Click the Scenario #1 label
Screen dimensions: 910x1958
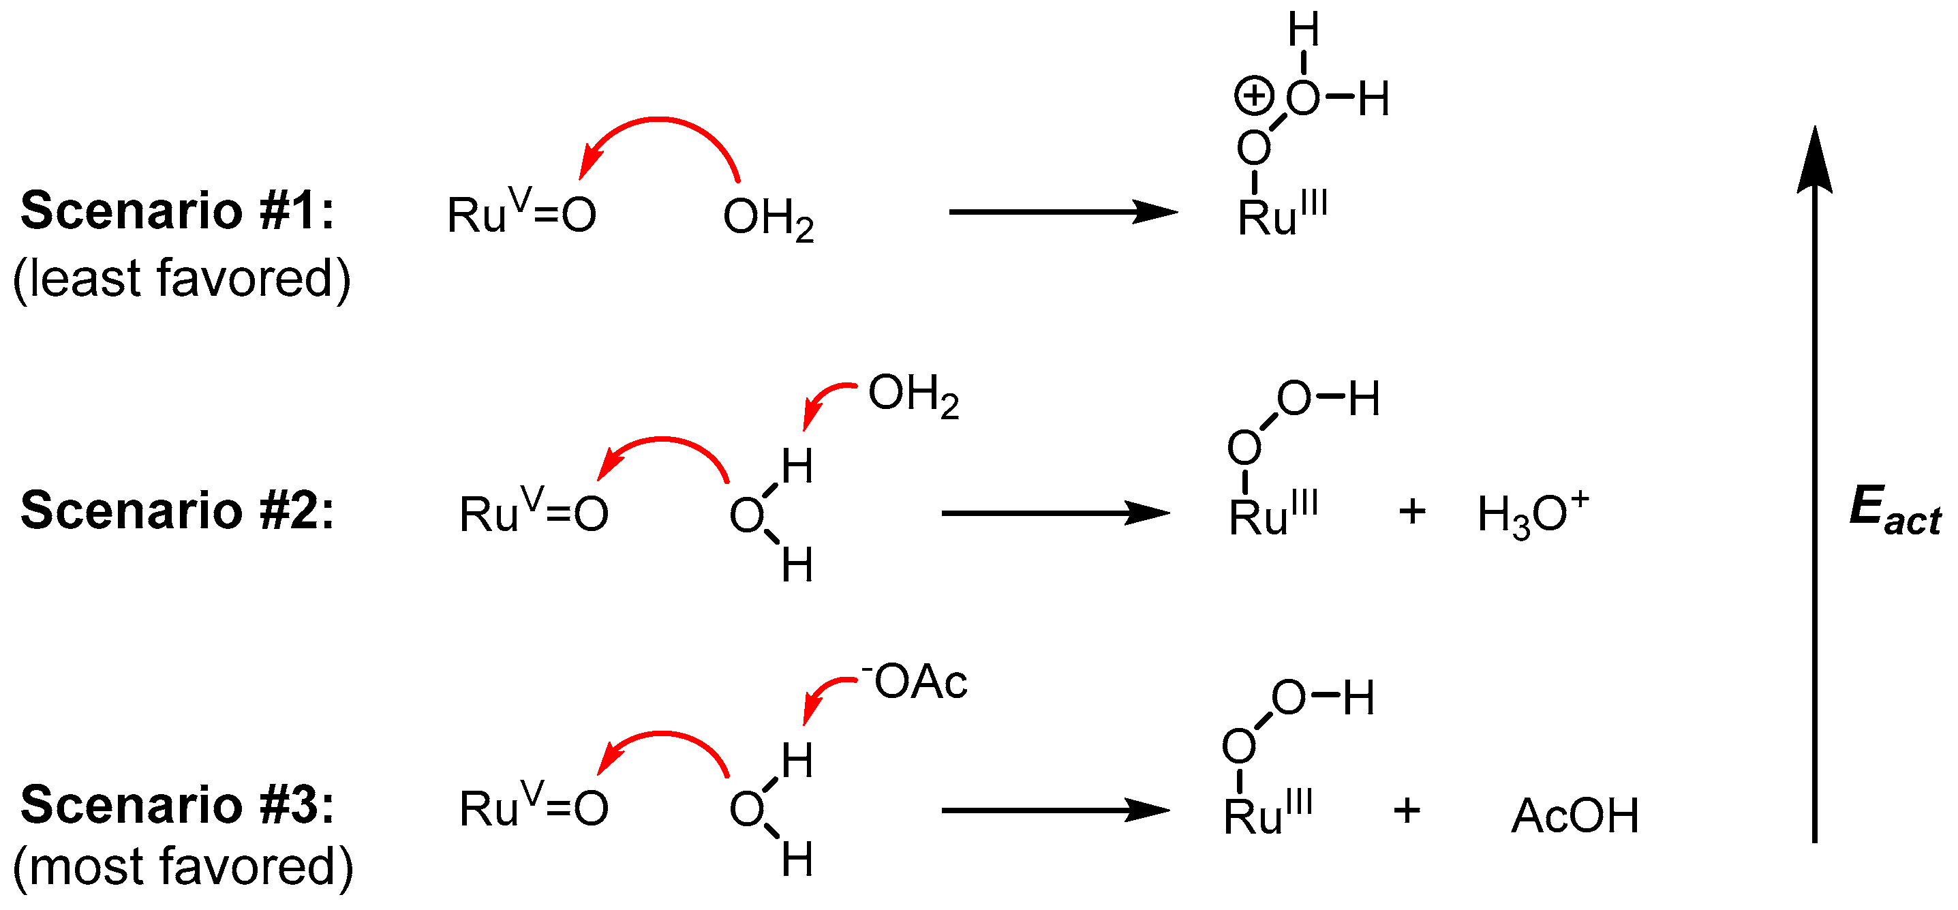tap(177, 211)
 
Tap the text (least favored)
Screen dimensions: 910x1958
tap(183, 278)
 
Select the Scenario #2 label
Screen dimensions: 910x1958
tap(177, 510)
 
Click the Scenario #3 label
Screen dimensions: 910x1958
tap(177, 805)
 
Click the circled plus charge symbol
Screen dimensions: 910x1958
tap(1253, 97)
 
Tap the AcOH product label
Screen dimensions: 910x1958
tap(1575, 816)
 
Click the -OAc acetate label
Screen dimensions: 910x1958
tap(915, 681)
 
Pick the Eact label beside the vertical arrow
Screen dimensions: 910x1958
tap(1893, 510)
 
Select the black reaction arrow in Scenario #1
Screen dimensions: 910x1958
tap(1062, 211)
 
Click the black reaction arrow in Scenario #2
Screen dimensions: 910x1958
tap(1055, 513)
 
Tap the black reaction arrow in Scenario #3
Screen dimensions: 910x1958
tap(1055, 810)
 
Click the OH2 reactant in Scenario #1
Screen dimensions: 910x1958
tap(767, 218)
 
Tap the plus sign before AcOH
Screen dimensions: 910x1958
tap(1407, 810)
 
